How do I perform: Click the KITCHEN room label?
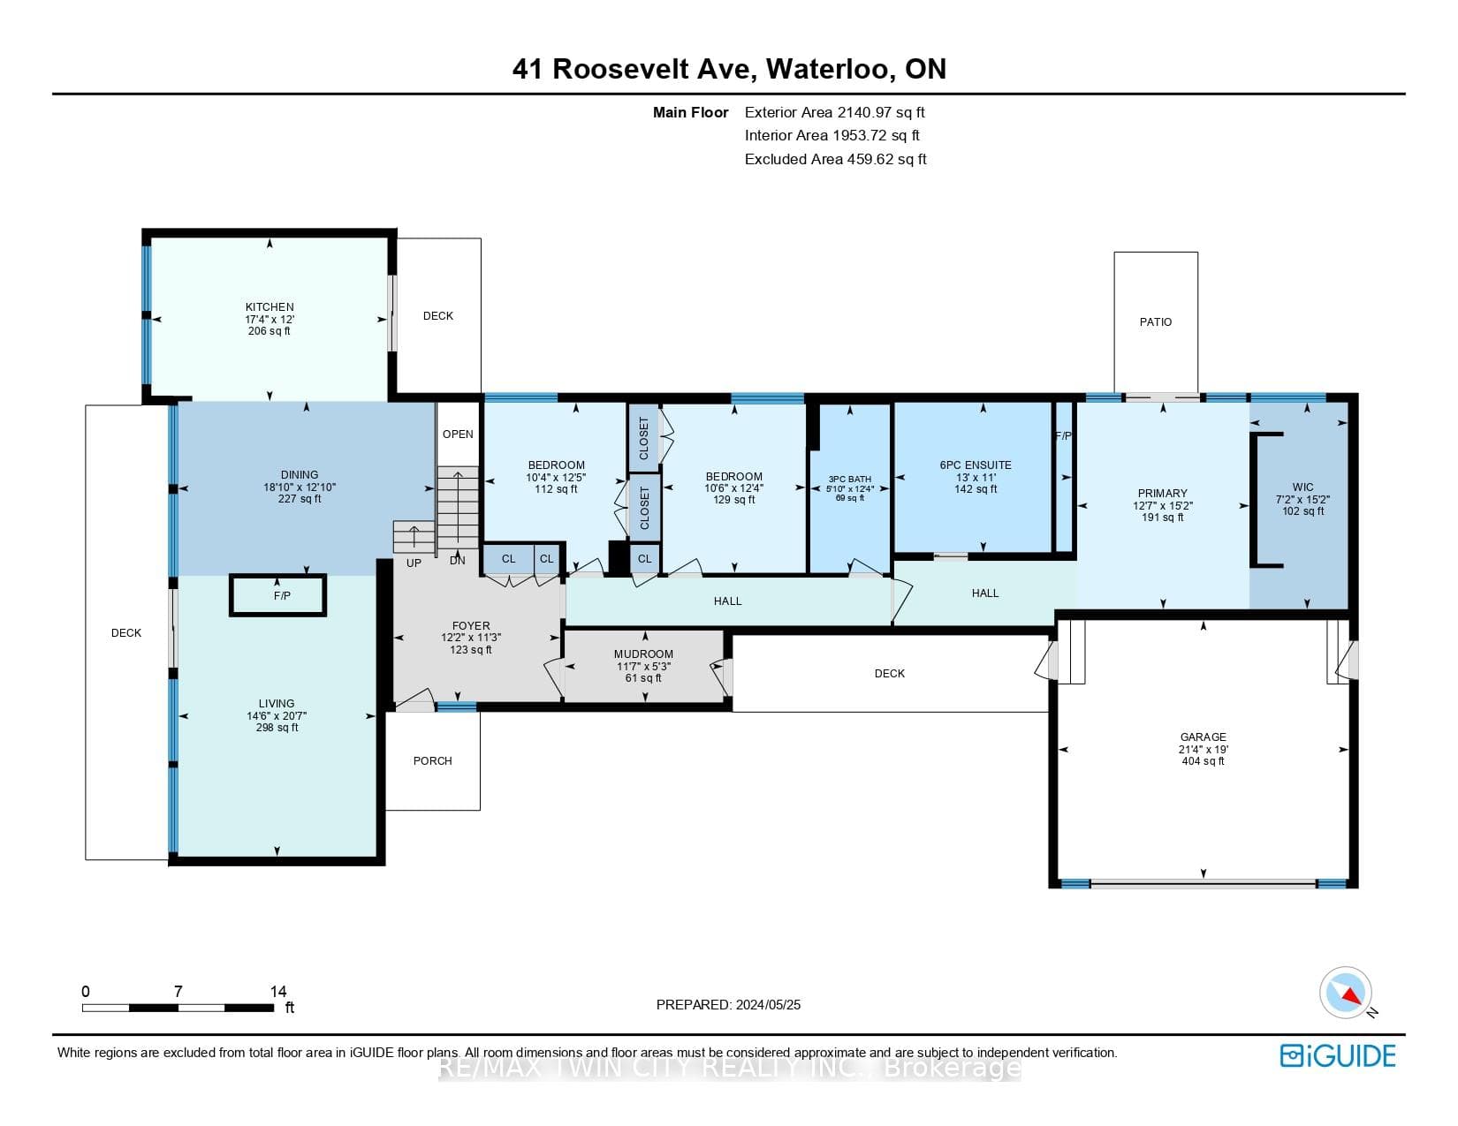pos(269,307)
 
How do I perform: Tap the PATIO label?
pos(1156,322)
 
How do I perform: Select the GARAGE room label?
pos(1203,737)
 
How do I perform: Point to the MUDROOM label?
pos(643,654)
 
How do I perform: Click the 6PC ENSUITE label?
pos(976,465)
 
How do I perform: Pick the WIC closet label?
pos(1302,487)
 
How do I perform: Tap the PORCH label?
pos(433,760)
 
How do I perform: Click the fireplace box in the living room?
pos(277,595)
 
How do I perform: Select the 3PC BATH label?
pos(849,479)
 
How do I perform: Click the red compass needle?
pos(1351,994)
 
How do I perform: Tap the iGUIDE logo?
pos(1338,1055)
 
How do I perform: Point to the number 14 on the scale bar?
pos(277,991)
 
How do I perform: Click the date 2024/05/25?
pos(768,1005)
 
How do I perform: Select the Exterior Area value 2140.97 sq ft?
pos(881,112)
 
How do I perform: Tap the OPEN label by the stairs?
pos(458,434)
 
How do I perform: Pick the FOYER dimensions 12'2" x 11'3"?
pos(471,638)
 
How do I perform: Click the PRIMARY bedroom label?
pos(1162,493)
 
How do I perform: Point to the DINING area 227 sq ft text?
pos(300,499)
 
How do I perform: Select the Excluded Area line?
pos(835,159)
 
